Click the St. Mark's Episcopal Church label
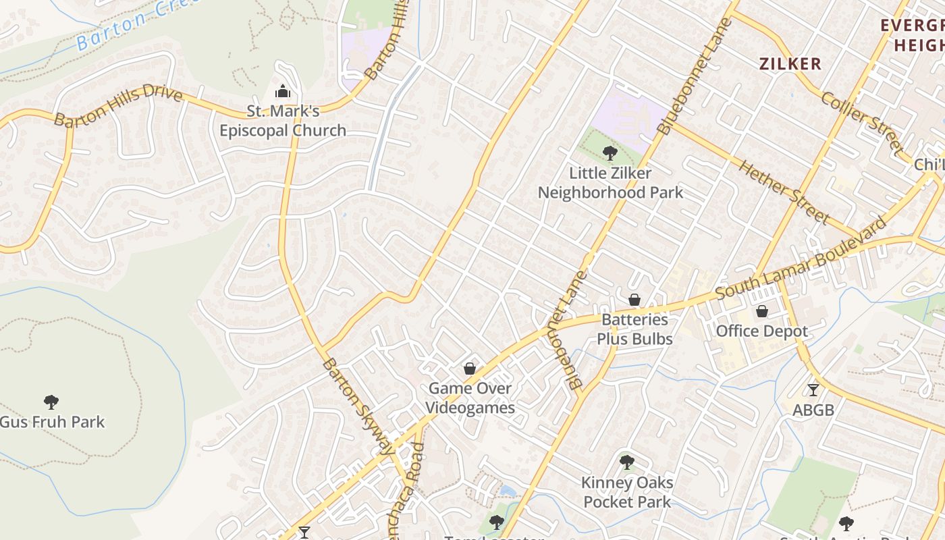tap(282, 121)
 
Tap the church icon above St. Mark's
tap(282, 91)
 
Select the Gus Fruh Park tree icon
tap(51, 402)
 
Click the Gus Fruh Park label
tap(52, 423)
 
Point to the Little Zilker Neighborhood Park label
tap(610, 183)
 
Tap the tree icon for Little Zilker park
tap(610, 153)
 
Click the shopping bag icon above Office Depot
tap(762, 311)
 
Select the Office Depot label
tap(762, 331)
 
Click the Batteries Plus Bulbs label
tap(634, 329)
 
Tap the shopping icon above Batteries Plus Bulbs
tap(634, 299)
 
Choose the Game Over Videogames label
tap(471, 398)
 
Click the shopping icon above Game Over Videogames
tap(470, 369)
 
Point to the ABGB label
tap(813, 410)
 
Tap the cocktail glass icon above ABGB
tap(813, 390)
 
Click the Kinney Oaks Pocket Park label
tap(627, 492)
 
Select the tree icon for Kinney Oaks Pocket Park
tap(627, 462)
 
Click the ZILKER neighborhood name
tap(790, 64)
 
